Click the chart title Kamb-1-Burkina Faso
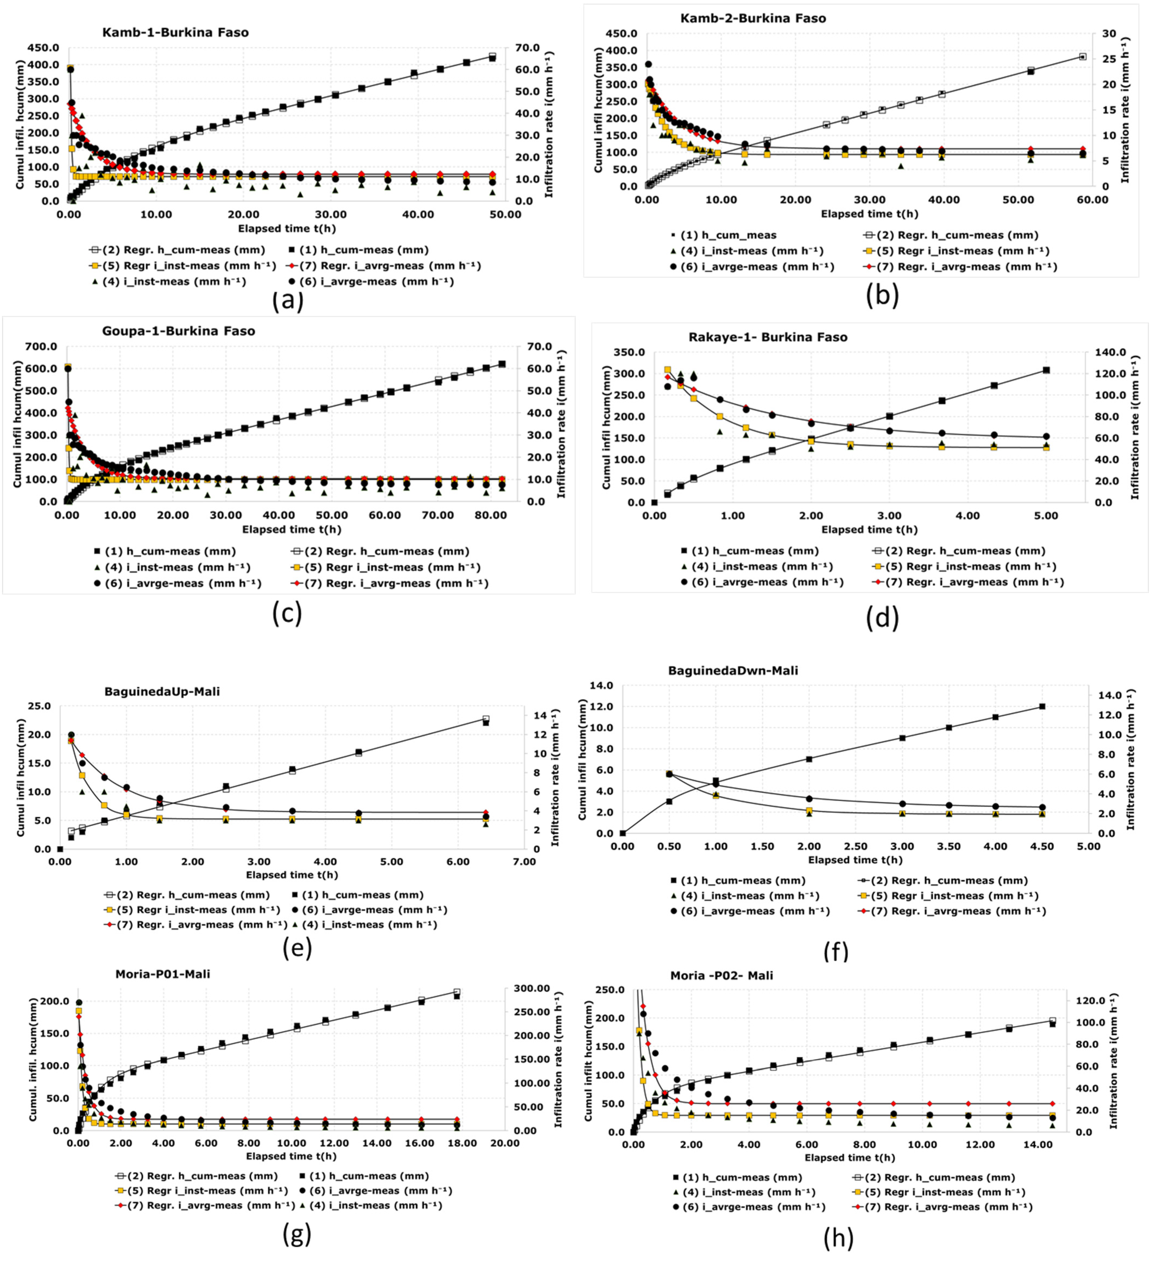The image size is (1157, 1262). (x=175, y=33)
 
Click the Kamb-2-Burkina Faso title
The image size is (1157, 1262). (x=752, y=18)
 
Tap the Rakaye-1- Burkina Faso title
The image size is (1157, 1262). (x=768, y=337)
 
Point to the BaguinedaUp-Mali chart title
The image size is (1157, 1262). (x=162, y=692)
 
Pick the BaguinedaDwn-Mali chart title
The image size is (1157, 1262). (x=733, y=670)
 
